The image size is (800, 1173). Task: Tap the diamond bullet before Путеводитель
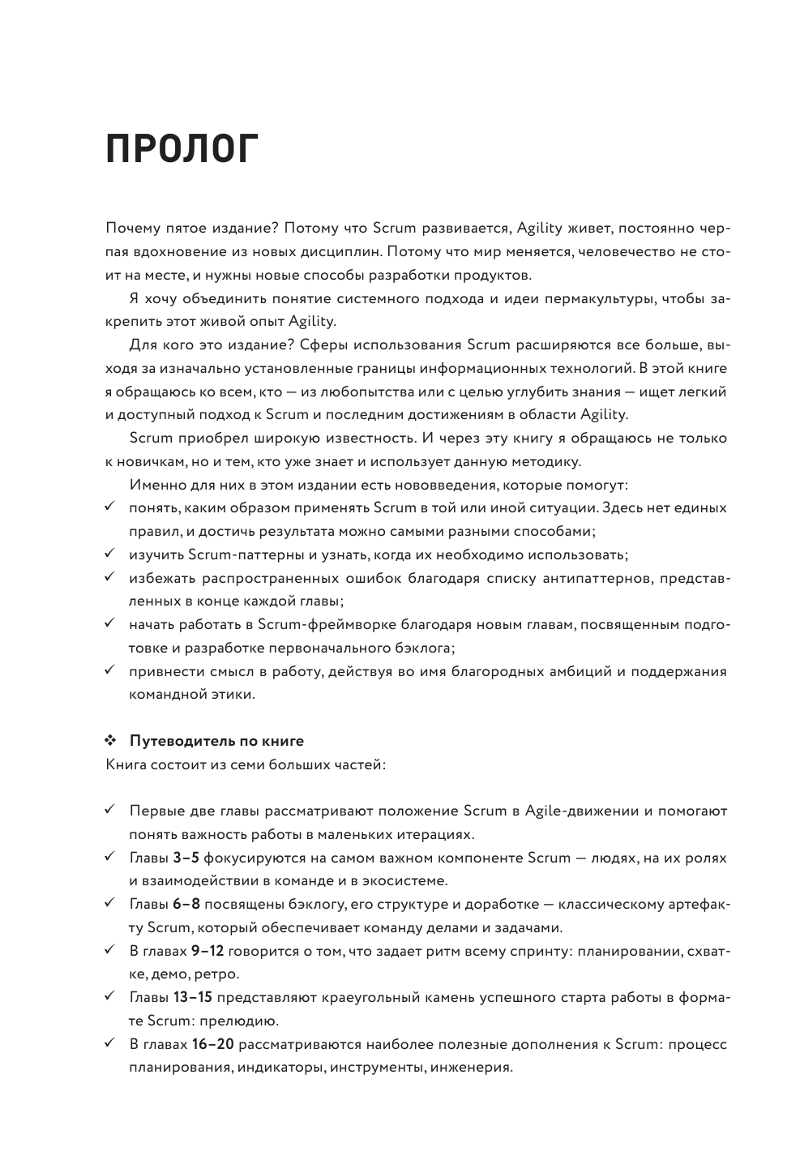coord(112,741)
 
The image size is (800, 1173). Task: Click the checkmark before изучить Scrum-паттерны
coord(111,555)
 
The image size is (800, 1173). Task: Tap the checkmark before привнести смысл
coord(111,671)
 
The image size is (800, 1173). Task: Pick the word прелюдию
coord(247,1021)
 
